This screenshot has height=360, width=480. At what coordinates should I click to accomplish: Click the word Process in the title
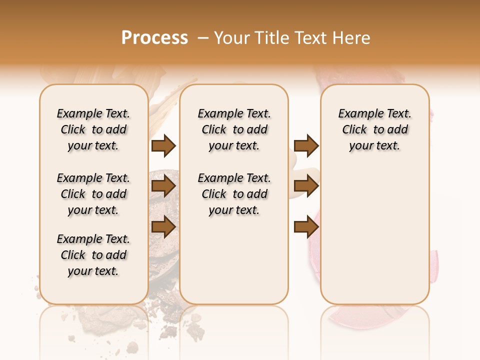[154, 38]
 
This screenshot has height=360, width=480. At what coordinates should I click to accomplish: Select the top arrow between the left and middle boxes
[163, 145]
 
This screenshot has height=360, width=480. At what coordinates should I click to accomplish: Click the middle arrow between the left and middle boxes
[163, 186]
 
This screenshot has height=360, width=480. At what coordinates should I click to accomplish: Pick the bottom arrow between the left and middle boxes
[163, 226]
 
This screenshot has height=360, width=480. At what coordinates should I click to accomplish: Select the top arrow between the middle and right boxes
[306, 145]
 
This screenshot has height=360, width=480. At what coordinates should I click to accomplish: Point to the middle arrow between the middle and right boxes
[306, 186]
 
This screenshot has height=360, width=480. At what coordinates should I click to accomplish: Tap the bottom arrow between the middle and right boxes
[306, 226]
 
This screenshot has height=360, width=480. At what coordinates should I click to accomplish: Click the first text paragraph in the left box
[93, 129]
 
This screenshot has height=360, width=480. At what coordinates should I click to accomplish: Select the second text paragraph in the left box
[93, 194]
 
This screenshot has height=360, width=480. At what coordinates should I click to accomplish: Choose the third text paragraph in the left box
[93, 255]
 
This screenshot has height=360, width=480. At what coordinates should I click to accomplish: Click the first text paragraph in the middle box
[234, 129]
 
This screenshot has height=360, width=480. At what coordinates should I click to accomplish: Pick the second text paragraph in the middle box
[234, 194]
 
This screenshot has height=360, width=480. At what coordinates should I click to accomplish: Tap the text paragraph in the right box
[374, 129]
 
